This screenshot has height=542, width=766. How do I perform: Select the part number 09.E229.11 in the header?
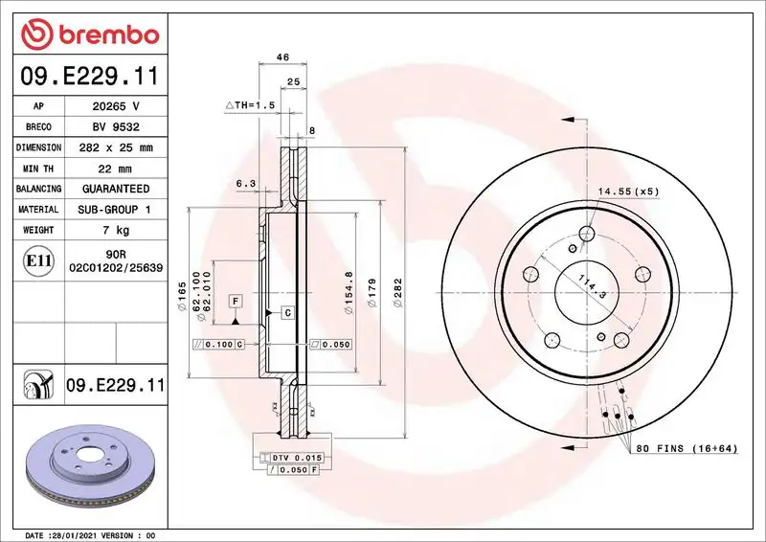coord(89,74)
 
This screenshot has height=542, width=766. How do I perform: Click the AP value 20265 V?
coord(115,106)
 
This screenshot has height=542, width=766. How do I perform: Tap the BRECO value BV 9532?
coord(115,127)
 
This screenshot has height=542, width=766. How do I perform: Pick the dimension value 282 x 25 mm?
coord(115,148)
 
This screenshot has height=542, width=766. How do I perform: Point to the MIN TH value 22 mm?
coord(115,169)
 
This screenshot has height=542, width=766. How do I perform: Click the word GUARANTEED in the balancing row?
coord(115,190)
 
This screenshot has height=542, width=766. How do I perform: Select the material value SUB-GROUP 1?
coord(115,210)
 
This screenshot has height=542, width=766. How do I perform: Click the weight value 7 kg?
coord(115,231)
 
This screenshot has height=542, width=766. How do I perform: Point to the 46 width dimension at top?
coord(282,57)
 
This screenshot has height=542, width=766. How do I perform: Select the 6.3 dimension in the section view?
coord(245,182)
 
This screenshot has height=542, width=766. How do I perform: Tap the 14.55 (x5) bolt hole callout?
coord(629,192)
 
